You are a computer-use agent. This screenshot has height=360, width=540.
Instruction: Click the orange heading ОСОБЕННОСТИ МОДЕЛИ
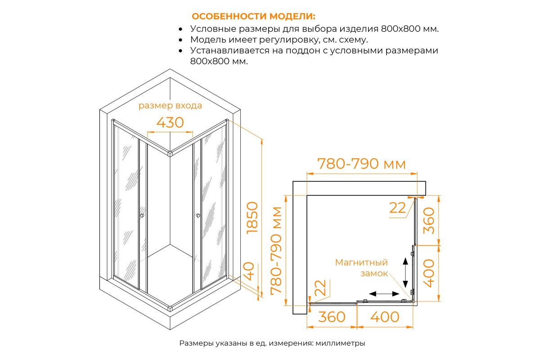(253, 16)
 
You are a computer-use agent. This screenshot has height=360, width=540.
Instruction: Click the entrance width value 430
(170, 122)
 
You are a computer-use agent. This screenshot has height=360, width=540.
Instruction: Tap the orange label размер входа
(170, 106)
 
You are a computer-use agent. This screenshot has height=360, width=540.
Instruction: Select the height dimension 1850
(252, 218)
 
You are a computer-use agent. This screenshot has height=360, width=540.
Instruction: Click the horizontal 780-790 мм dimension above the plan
(361, 164)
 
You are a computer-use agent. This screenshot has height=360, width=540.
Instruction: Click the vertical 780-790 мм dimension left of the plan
(276, 251)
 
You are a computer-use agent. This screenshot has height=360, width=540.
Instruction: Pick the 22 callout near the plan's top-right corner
(397, 208)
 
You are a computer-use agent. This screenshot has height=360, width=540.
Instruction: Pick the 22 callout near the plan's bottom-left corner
(320, 288)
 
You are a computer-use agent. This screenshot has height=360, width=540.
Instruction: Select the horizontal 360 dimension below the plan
(332, 317)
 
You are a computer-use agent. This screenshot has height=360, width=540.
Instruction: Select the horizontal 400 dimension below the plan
(385, 317)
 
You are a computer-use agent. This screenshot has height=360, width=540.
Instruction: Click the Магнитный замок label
(361, 268)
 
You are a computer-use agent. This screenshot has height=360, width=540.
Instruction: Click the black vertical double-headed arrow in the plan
(405, 273)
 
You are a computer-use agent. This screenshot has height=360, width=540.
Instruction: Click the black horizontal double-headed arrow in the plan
(384, 294)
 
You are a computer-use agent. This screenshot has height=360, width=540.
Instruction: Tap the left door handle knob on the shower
(142, 216)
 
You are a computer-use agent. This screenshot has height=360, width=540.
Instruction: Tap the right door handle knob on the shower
(198, 215)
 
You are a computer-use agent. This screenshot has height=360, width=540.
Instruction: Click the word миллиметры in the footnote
(340, 343)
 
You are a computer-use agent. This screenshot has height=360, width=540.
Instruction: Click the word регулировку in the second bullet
(289, 40)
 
